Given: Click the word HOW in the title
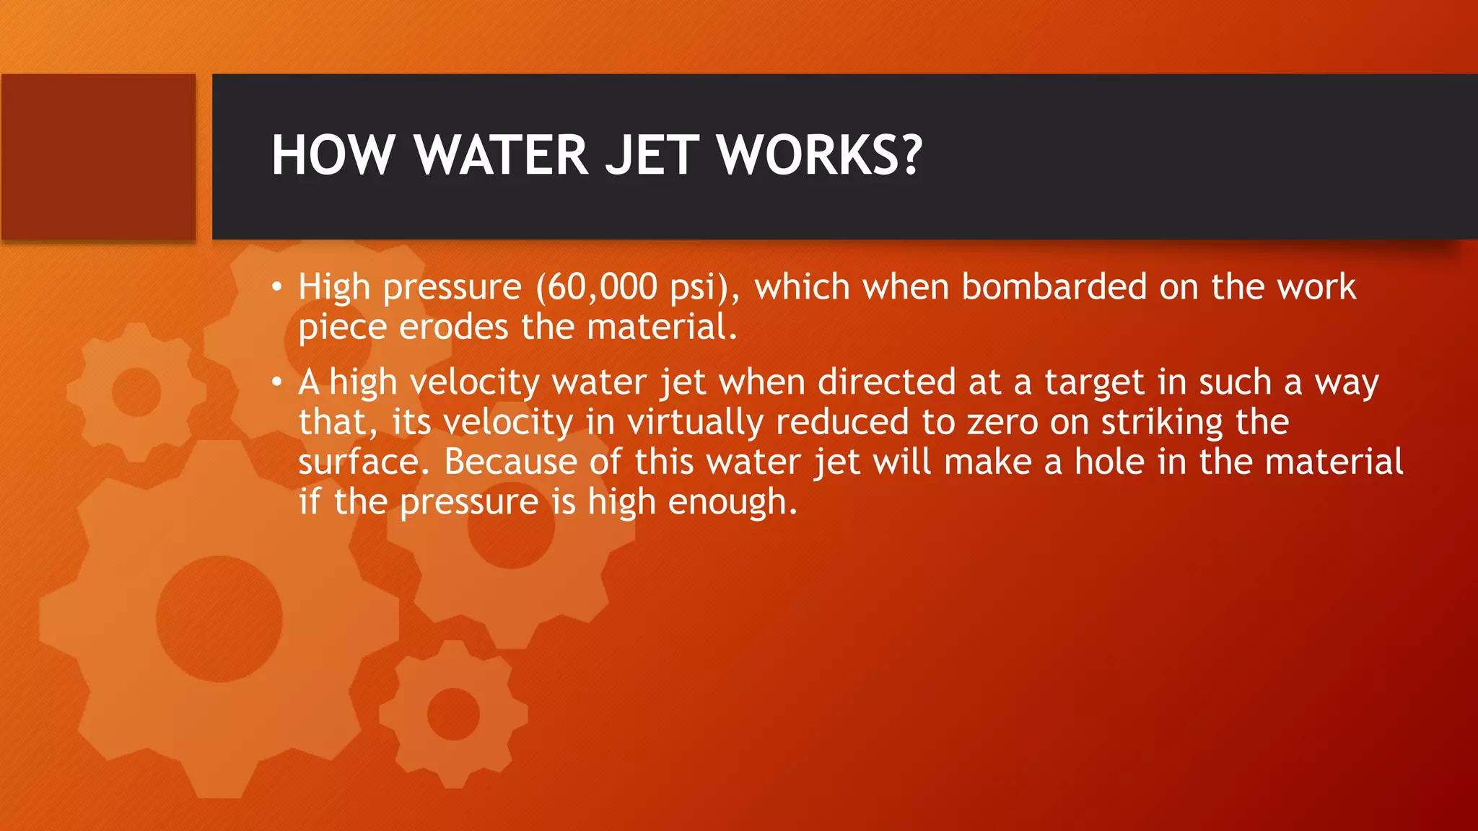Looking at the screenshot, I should [x=333, y=155].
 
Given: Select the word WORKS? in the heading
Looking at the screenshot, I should [x=820, y=155].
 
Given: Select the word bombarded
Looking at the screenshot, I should [x=1054, y=287].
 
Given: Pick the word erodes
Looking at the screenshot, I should [x=453, y=327].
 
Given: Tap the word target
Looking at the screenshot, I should [x=1094, y=383].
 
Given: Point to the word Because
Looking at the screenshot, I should [x=510, y=462].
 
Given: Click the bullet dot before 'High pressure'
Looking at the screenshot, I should [x=276, y=288].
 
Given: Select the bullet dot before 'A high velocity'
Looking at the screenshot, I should [x=276, y=382].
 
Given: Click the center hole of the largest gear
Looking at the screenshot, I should [x=219, y=618].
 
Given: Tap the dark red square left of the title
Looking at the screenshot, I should [x=98, y=157].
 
